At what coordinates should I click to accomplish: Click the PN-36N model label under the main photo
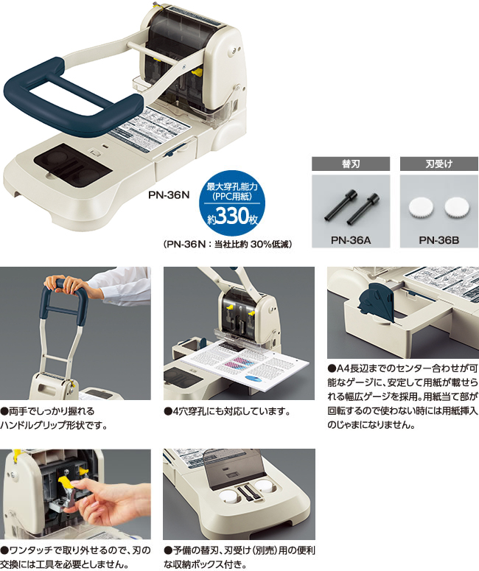point(169,195)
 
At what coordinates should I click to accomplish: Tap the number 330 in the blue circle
point(233,216)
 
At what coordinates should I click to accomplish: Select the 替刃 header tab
point(351,164)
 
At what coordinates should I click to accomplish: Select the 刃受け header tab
point(439,164)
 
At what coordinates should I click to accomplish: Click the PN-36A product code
point(351,240)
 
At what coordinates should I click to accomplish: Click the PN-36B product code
point(439,240)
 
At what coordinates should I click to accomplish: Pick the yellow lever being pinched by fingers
point(66,483)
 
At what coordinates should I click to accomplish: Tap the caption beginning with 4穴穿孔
point(227,412)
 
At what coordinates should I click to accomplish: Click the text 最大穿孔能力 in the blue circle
point(232,187)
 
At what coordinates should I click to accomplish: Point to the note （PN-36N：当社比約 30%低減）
point(228,244)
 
